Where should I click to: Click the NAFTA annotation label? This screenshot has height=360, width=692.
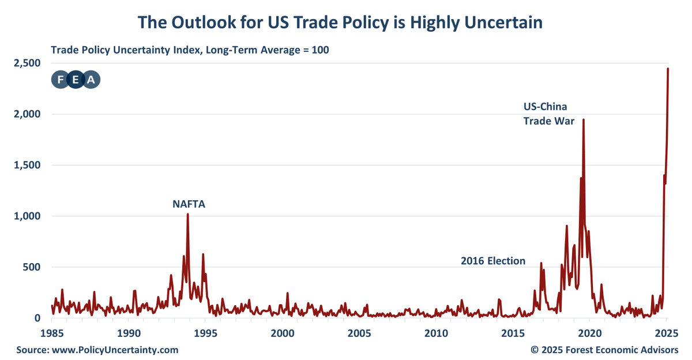189,204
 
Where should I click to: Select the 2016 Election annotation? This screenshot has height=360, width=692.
493,261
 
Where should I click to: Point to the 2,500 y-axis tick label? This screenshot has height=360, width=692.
29,63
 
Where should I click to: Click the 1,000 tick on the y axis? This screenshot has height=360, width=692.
29,216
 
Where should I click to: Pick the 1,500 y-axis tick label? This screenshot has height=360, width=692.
29,165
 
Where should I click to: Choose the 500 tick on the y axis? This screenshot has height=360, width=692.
33,267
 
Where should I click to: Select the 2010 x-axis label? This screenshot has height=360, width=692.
436,333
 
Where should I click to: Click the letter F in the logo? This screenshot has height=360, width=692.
61,80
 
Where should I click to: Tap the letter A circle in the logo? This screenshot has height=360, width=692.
91,80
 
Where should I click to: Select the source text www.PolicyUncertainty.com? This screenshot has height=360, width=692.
115,350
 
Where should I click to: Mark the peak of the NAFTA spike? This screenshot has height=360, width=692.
187,215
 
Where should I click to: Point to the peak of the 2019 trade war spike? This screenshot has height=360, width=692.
584,120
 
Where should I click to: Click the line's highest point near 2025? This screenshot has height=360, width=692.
668,69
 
